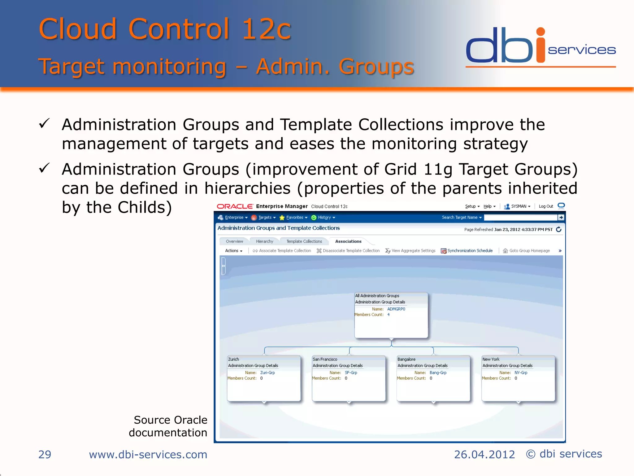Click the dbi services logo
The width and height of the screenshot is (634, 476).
(541, 46)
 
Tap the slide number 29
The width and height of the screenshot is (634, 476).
(45, 454)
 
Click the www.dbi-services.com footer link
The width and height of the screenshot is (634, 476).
(148, 454)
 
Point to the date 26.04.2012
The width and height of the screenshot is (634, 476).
(484, 454)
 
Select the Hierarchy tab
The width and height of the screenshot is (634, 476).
(264, 241)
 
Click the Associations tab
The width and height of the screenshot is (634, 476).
(348, 241)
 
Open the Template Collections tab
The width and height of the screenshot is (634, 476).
(304, 241)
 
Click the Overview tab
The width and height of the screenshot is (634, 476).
(234, 241)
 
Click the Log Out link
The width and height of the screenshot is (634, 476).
(546, 206)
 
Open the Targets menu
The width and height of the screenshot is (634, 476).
(265, 218)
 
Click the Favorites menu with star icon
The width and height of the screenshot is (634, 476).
(294, 218)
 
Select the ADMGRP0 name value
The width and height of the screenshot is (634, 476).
(396, 309)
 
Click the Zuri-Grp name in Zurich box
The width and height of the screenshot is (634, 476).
(267, 373)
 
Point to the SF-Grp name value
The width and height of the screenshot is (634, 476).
(351, 373)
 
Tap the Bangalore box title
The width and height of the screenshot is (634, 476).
(406, 359)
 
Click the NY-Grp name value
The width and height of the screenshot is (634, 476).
(521, 373)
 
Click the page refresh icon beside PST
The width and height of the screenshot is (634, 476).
(559, 229)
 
